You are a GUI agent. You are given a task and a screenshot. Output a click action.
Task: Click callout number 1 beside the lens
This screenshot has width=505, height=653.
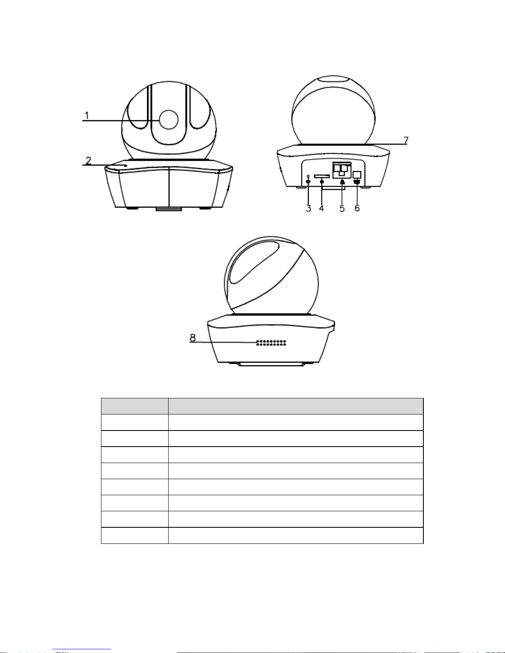tap(87, 115)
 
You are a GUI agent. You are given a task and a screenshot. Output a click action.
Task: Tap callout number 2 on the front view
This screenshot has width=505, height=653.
tap(88, 161)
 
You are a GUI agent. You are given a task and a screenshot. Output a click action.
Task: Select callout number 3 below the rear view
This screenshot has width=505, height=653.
tap(309, 208)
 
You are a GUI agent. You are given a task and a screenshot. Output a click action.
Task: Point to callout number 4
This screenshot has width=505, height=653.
tap(322, 208)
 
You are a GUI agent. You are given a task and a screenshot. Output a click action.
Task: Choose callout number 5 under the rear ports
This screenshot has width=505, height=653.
tap(342, 208)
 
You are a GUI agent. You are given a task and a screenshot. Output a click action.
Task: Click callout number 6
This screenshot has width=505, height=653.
tap(357, 208)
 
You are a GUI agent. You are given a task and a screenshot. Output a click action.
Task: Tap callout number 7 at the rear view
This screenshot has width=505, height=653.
tap(406, 140)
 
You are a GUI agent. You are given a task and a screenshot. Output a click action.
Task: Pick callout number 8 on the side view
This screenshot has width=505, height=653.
tap(193, 338)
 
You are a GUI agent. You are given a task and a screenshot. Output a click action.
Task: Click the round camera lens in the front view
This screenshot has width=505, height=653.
tap(169, 119)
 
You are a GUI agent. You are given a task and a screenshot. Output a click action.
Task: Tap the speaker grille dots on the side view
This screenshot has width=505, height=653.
tap(271, 343)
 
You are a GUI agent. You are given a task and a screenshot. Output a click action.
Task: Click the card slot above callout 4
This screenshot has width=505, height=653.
tap(322, 176)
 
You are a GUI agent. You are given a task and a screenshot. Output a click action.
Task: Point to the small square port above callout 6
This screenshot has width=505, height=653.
tap(357, 175)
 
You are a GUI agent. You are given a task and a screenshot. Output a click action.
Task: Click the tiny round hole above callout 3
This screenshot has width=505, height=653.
tap(308, 176)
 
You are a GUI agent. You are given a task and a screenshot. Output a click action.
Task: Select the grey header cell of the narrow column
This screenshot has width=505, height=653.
tap(135, 406)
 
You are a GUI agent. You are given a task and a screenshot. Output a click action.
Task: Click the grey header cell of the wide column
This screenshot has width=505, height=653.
tap(296, 406)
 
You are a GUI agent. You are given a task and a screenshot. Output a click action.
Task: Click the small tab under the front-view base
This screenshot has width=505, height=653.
tap(169, 208)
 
